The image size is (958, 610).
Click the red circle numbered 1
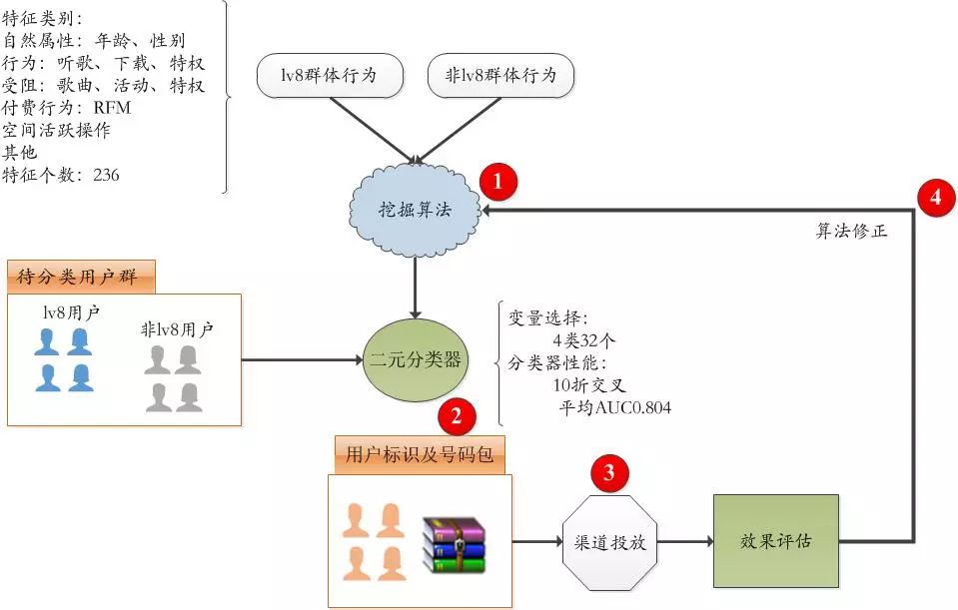tap(499, 183)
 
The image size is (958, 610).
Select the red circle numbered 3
tap(609, 472)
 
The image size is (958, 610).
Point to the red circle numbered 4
tap(935, 198)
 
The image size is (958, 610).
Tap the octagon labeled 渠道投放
tap(609, 544)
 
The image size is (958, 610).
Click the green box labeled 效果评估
tap(775, 541)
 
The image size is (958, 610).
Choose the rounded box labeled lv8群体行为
tap(329, 76)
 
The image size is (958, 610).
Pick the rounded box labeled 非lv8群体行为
tap(500, 76)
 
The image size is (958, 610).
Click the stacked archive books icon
tap(452, 544)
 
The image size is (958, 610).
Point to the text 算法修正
tap(851, 231)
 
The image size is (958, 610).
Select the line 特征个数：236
tap(62, 175)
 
